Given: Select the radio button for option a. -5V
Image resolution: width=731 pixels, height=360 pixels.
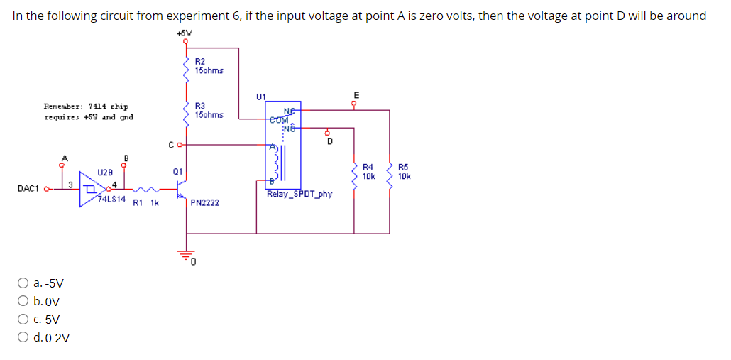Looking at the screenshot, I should point(23,283).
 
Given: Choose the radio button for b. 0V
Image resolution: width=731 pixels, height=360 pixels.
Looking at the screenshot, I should point(23,301).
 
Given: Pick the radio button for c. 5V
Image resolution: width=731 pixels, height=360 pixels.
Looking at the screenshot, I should point(23,320).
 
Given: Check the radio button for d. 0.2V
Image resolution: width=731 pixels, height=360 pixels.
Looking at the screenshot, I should point(23,338).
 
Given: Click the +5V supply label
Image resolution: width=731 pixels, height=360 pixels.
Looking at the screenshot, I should point(183,33).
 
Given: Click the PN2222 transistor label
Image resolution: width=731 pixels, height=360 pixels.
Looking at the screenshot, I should point(204,203).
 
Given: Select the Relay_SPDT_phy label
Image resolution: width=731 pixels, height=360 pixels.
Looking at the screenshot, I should point(299,194).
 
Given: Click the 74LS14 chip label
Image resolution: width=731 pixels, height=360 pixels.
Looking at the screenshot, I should point(111,200).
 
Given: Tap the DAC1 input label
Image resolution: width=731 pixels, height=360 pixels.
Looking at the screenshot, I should point(29,189).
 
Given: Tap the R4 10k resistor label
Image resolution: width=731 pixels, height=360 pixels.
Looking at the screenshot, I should point(368,171).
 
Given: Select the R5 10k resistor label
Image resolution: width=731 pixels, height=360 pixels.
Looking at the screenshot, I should point(404,171).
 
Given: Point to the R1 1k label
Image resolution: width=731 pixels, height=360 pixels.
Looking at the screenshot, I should point(145,202).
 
